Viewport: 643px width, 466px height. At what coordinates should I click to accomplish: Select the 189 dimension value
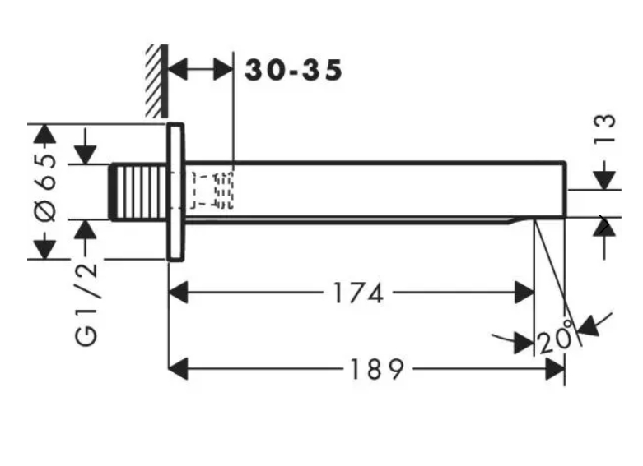375,370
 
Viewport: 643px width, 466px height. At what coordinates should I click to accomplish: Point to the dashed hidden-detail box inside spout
212,189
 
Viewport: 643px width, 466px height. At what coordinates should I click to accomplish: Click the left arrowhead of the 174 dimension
178,292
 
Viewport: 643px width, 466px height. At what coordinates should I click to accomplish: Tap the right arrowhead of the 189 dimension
555,370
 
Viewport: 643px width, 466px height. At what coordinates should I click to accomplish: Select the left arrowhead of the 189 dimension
178,370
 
